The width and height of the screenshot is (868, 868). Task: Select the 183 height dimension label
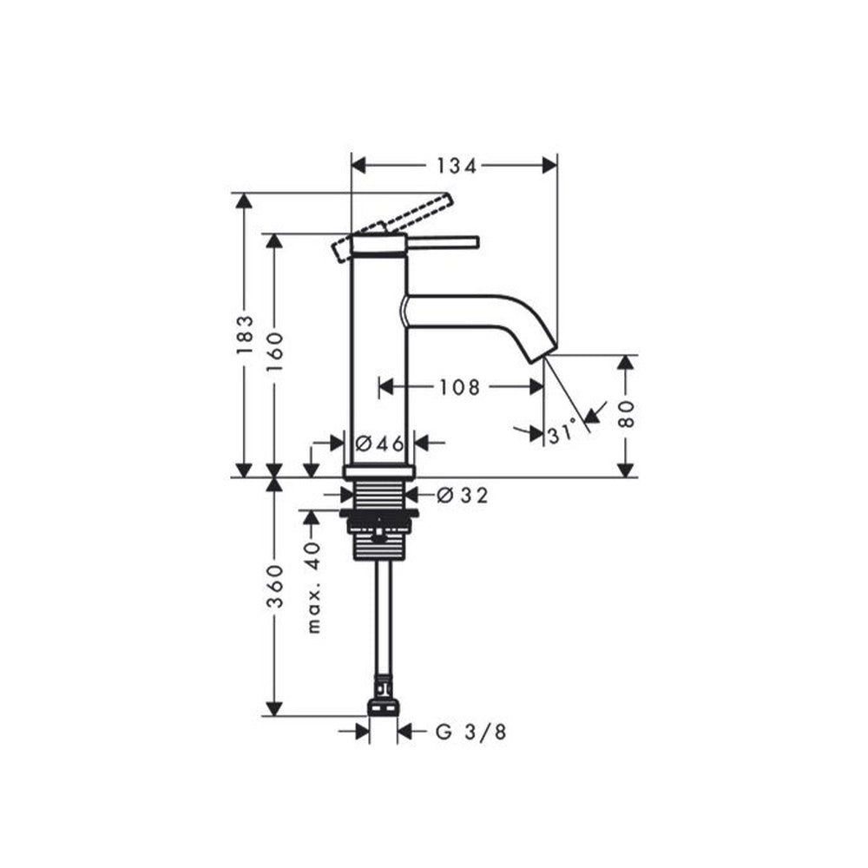click(246, 334)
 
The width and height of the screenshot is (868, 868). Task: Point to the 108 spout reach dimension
click(458, 387)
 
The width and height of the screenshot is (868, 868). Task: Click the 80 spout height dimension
click(629, 415)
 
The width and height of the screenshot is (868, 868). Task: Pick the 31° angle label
click(562, 431)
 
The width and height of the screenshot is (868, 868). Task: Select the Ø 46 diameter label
click(380, 444)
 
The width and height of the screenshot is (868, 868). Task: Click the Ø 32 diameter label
click(463, 496)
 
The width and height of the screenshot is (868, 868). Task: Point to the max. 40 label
click(314, 585)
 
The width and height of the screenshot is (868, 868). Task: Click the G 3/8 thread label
click(470, 732)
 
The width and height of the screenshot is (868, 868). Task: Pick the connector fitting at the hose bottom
click(382, 703)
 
